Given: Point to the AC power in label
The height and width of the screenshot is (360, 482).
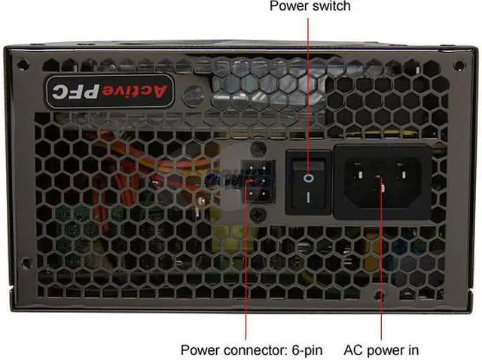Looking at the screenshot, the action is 382,349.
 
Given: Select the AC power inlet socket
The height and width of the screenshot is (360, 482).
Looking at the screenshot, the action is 382,182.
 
